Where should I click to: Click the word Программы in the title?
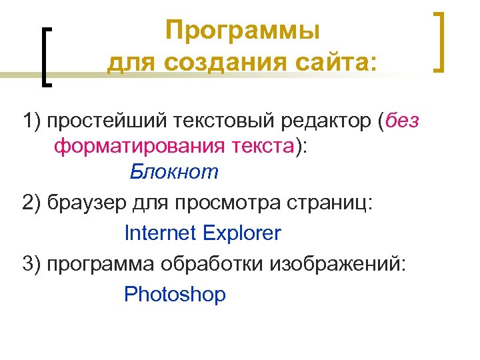tap(243, 31)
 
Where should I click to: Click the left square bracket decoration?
tap(46, 56)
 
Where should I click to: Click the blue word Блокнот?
tap(174, 172)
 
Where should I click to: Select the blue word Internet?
tap(161, 233)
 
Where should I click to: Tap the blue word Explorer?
tap(242, 233)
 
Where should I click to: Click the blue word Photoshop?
tap(175, 295)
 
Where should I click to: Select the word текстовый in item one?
tap(230, 122)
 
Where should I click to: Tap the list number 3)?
tap(31, 264)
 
